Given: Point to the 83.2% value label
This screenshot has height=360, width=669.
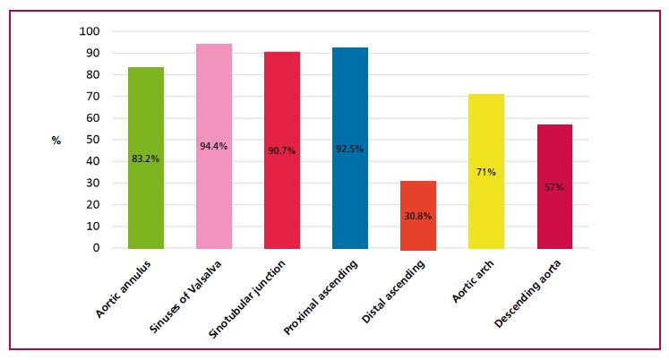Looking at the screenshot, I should [146, 159].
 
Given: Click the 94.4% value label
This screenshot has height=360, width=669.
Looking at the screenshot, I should [214, 146].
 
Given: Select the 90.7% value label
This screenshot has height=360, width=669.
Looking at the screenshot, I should [282, 150].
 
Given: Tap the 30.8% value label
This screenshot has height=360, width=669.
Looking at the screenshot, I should [418, 217].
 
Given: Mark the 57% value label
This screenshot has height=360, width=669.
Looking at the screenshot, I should [554, 187].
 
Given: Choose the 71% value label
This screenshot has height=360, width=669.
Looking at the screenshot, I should [486, 170].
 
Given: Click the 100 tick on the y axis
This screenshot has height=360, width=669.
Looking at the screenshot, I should [91, 31].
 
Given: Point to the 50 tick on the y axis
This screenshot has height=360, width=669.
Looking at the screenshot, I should [94, 140].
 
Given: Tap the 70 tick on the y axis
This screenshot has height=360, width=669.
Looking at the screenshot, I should [94, 97].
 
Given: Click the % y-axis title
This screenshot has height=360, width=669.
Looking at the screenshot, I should [56, 141].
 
